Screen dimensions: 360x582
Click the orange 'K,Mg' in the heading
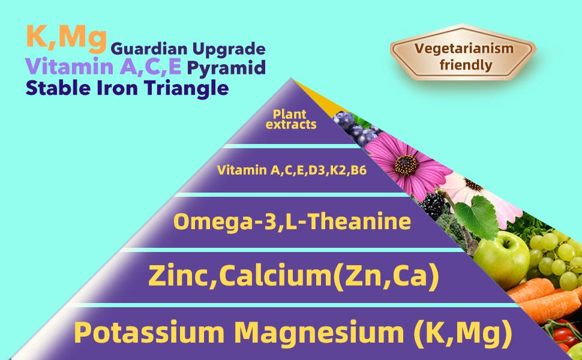[x=58, y=38]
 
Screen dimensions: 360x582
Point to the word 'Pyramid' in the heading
[x=226, y=68]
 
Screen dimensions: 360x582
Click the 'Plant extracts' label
[x=290, y=118]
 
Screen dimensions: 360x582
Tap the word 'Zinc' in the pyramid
[x=176, y=276]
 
